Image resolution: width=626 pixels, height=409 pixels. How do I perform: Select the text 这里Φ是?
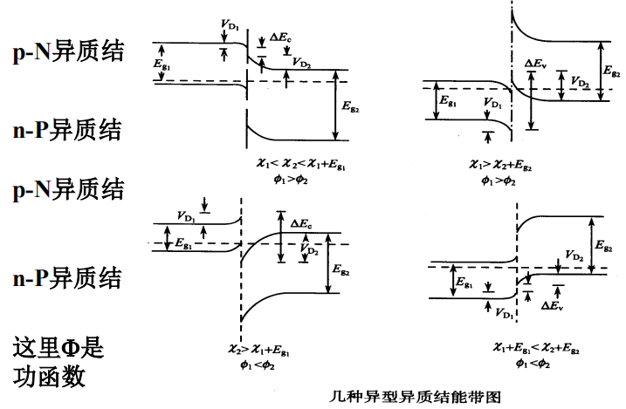click(58, 349)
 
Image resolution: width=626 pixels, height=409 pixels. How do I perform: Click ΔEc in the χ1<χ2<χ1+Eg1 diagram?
click(280, 37)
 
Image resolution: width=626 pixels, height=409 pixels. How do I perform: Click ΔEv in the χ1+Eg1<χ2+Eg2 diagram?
click(551, 306)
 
